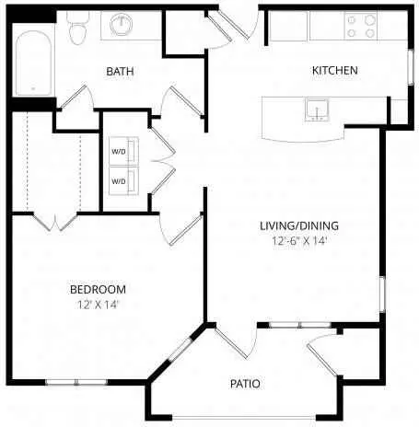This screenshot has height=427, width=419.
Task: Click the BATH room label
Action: pyautogui.click(x=120, y=72)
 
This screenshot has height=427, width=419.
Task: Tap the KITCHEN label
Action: pyautogui.click(x=335, y=71)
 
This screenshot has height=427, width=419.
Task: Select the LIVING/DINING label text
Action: pyautogui.click(x=299, y=225)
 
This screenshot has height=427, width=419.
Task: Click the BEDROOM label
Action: pyautogui.click(x=98, y=289)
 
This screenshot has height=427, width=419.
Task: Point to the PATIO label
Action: pyautogui.click(x=245, y=384)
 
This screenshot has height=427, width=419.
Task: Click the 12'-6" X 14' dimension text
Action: pyautogui.click(x=298, y=241)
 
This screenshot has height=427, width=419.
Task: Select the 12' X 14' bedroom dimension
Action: pyautogui.click(x=98, y=305)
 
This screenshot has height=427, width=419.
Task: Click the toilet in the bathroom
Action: pyautogui.click(x=78, y=29)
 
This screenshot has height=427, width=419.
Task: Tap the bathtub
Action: pyautogui.click(x=33, y=63)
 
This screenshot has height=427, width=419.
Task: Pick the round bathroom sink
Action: pyautogui.click(x=122, y=23)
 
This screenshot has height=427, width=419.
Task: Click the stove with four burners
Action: pyautogui.click(x=361, y=26)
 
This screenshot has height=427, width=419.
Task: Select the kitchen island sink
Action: pyautogui.click(x=317, y=110)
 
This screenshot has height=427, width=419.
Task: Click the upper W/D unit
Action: pyautogui.click(x=123, y=151)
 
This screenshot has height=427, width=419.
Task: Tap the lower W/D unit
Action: pyautogui.click(x=123, y=181)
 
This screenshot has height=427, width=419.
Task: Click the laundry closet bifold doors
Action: pyautogui.click(x=163, y=160)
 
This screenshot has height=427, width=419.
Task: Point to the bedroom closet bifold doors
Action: pyautogui.click(x=55, y=223)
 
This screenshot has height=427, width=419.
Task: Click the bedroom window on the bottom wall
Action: pyautogui.click(x=76, y=382)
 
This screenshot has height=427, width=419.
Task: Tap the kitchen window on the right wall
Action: pyautogui.click(x=410, y=67)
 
